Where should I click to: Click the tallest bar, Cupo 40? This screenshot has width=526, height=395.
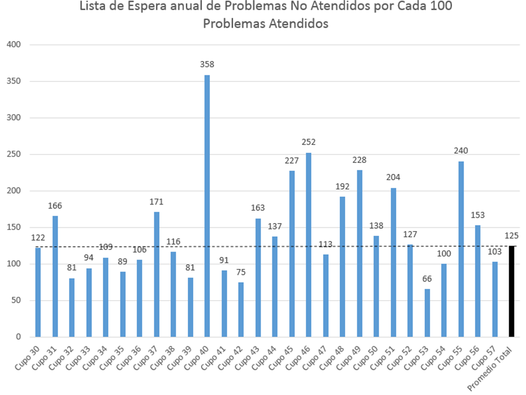[x=207, y=206]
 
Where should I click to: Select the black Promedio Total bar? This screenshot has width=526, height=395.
[x=512, y=292]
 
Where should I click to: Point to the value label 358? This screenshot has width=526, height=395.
[x=207, y=64]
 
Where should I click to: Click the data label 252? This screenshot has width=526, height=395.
[x=309, y=142]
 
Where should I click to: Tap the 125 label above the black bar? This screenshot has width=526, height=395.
[x=511, y=235]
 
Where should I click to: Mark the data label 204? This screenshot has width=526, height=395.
[x=393, y=177]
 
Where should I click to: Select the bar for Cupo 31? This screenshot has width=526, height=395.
[x=55, y=276]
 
